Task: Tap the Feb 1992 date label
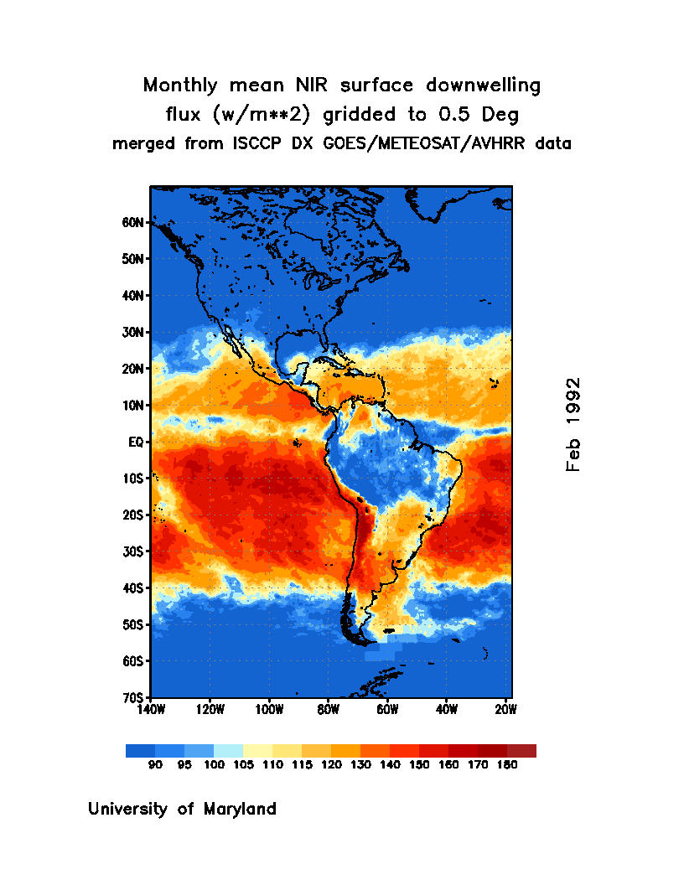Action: point(573,424)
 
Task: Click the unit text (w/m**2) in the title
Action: point(252,114)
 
